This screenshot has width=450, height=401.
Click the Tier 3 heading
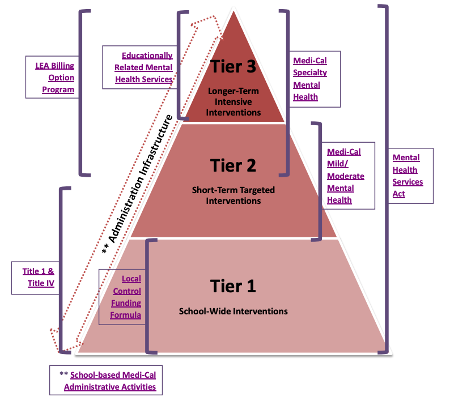[x=234, y=66]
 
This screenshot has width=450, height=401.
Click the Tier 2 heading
[x=233, y=165]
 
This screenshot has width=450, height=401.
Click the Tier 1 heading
[x=233, y=286]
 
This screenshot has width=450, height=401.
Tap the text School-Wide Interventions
[x=233, y=311]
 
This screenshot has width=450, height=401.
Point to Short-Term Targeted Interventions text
[x=233, y=195]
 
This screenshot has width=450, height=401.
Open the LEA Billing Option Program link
[x=54, y=78]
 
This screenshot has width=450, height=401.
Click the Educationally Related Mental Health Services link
[x=144, y=67]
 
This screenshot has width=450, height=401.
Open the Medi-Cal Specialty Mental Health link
[x=310, y=78]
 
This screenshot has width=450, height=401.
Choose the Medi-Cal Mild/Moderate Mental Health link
[x=345, y=176]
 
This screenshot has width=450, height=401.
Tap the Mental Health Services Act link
[x=408, y=176]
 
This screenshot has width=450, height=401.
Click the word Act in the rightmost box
[x=400, y=194]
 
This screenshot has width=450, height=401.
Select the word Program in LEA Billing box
[x=58, y=89]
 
